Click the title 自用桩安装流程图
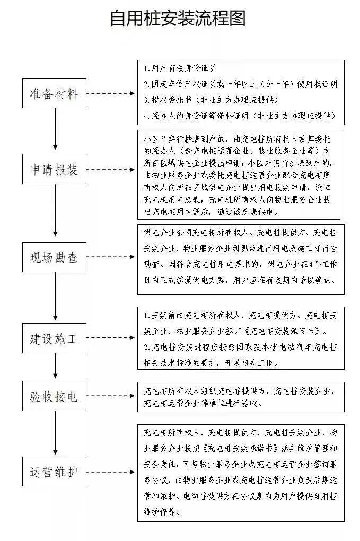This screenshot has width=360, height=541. pos(178,18)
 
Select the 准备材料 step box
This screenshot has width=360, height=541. pos(54,93)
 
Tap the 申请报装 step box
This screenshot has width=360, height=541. pos(54,169)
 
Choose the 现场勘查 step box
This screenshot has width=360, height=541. pos(54,257)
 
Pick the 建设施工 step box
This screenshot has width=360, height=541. pos(54,338)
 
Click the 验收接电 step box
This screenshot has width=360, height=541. pos(54,396)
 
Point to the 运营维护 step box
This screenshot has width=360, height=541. pos(54,472)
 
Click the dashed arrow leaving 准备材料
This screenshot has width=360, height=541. pos(110,93)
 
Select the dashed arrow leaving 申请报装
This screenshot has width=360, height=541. pos(110,169)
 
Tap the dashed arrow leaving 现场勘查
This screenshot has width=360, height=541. pos(110,257)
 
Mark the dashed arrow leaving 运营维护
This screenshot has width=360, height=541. pos(110,472)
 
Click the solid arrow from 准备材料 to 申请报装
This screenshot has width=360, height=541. pos(55,129)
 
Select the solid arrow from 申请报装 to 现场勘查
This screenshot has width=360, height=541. pos(55,210)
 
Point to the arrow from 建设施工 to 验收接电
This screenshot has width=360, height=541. pos(55,366)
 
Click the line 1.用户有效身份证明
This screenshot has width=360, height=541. pos(180,68)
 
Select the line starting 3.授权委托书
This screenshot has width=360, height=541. pos(211,100)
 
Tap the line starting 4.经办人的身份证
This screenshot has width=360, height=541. pos(240,116)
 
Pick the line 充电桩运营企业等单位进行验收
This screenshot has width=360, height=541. pos(203,403)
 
